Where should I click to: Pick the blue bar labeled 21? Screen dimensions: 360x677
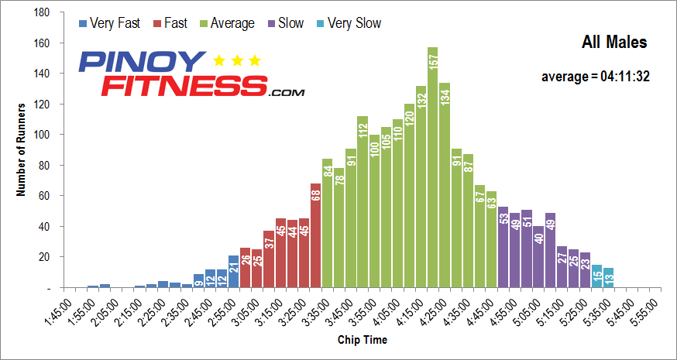[x=233, y=271]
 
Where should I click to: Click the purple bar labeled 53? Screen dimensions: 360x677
[x=503, y=247]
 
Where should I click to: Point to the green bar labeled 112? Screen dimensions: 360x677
[x=362, y=201]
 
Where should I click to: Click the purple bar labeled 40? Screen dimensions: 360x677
[x=538, y=256]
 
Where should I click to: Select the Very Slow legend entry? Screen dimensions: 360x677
[x=348, y=23]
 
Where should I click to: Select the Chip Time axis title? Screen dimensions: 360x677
[x=363, y=340]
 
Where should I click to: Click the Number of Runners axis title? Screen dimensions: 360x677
[x=22, y=150]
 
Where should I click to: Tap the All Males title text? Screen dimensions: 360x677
[x=613, y=43]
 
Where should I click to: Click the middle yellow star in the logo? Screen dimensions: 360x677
[x=236, y=60]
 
